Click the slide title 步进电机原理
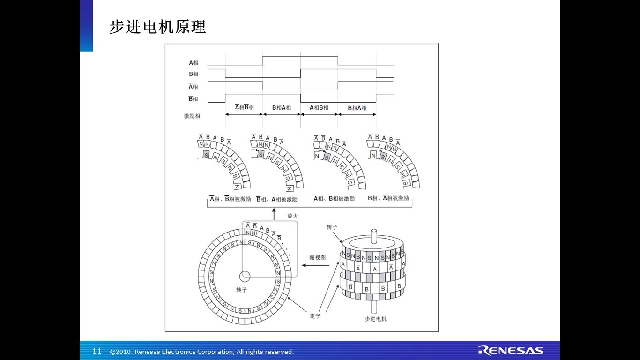tap(157, 27)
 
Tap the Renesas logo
tap(510, 351)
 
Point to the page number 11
tap(97, 352)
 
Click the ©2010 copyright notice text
tap(201, 352)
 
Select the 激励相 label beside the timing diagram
tap(192, 116)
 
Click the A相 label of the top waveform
tap(193, 63)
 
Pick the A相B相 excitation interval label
tap(319, 108)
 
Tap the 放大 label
tap(292, 216)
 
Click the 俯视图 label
tap(317, 257)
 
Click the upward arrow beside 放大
tap(274, 214)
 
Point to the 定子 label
tap(315, 316)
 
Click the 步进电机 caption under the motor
tap(375, 319)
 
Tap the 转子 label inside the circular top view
tap(241, 290)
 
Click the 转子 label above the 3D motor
tap(332, 227)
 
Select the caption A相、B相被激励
tap(334, 199)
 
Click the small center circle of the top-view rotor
tap(245, 276)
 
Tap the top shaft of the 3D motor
tap(373, 234)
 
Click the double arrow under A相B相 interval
tap(319, 114)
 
